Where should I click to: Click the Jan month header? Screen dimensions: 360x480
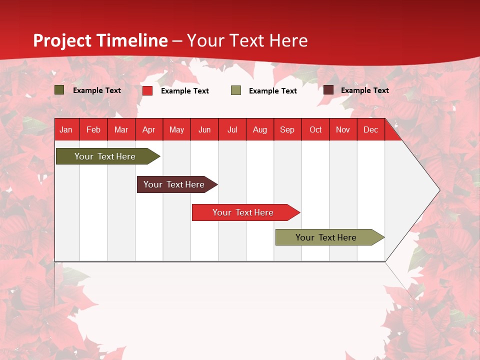66,129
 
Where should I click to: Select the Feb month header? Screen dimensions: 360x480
93,129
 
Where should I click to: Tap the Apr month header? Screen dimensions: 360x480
149,129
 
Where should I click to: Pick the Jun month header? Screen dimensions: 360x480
204,129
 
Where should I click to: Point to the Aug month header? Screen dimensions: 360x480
260,129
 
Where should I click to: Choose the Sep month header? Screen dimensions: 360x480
287,129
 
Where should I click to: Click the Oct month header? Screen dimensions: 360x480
315,129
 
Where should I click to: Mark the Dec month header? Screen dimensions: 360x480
371,129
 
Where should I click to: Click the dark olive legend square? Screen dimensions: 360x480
59,90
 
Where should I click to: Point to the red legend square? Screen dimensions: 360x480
147,90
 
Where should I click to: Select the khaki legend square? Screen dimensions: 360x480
236,90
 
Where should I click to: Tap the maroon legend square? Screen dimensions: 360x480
328,90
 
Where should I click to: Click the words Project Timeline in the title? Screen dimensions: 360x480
100,40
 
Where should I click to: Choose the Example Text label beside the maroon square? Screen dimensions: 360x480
365,90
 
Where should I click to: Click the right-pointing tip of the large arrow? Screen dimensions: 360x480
438,190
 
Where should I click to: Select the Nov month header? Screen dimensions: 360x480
343,129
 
